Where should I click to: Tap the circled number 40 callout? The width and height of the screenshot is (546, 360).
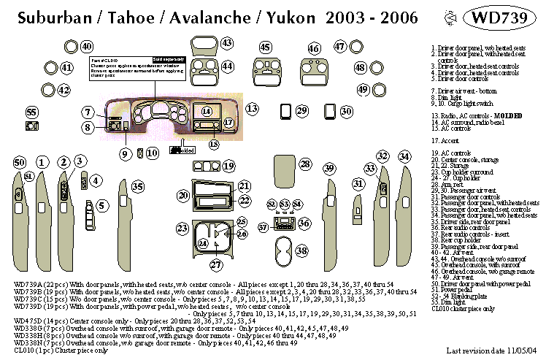[87, 47]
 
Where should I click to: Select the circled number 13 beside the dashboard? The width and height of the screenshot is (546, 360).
[252, 109]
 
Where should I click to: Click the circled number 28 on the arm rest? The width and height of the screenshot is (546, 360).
[305, 164]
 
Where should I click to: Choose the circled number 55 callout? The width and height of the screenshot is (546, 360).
[31, 112]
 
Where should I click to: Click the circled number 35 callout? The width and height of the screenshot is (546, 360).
[136, 187]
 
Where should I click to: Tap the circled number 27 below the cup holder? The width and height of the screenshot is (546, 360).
[216, 264]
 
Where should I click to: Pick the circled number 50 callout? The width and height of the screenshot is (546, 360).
[20, 161]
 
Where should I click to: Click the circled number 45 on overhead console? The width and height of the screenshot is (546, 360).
[266, 47]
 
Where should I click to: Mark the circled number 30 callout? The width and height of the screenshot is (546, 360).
[347, 111]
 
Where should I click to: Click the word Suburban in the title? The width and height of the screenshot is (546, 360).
[41, 17]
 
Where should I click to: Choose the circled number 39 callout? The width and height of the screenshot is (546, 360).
[329, 169]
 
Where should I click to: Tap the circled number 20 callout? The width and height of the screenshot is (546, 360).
[183, 196]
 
